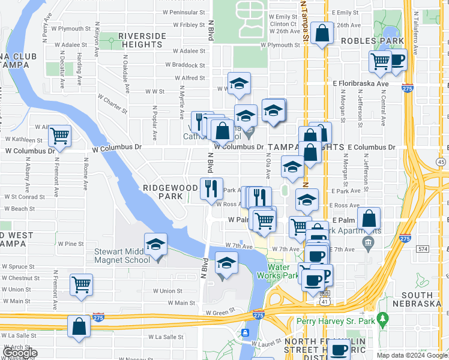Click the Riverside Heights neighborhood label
pyautogui.click(x=142, y=40)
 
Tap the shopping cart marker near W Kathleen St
pyautogui.click(x=59, y=136)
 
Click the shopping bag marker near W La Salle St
pyautogui.click(x=79, y=327)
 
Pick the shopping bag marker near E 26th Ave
pyautogui.click(x=322, y=34)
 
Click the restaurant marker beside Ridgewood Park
pyautogui.click(x=211, y=189)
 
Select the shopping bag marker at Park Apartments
pyautogui.click(x=369, y=219)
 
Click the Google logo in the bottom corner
pyautogui.click(x=19, y=353)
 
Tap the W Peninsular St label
pyautogui.click(x=184, y=12)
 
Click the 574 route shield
pyautogui.click(x=423, y=248)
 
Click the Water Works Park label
pyautogui.click(x=282, y=271)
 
